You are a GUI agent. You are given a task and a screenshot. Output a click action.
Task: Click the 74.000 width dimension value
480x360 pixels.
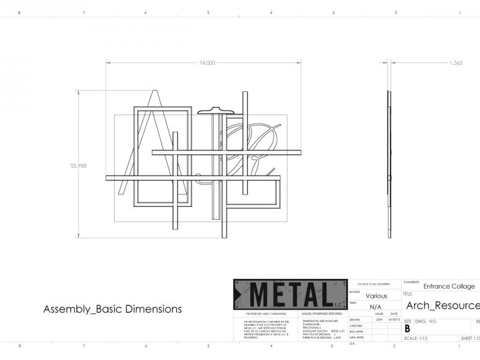(207, 62)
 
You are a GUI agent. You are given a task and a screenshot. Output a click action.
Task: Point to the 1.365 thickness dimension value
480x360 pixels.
(455, 62)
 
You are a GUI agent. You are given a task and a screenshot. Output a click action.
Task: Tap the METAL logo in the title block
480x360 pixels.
(290, 295)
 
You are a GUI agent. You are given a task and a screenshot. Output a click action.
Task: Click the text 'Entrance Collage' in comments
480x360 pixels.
(449, 286)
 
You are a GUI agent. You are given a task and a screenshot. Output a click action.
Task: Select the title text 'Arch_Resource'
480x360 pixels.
(443, 305)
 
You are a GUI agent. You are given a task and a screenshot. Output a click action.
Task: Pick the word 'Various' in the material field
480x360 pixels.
(376, 296)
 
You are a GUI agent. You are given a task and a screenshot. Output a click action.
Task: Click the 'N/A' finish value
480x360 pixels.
(376, 307)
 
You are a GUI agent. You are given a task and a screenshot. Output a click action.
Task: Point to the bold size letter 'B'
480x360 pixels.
(407, 329)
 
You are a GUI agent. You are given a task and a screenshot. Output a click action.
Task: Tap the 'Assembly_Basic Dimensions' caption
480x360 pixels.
(112, 310)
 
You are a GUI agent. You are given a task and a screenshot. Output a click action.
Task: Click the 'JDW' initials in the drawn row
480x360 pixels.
(379, 320)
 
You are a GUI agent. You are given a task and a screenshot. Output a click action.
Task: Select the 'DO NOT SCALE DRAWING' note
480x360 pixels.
(373, 283)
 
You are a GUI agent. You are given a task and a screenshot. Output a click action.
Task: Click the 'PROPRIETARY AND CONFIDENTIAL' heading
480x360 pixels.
(261, 314)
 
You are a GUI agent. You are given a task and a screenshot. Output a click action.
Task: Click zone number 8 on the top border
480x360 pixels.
(20, 12)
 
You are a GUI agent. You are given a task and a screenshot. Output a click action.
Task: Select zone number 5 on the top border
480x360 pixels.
(208, 12)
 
